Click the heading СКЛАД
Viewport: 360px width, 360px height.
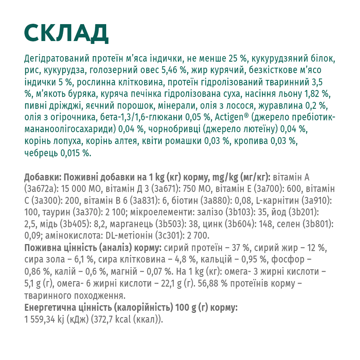[x=66, y=33]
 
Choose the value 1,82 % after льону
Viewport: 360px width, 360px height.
[x=317, y=94]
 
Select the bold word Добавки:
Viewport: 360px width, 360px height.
[x=41, y=177]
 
